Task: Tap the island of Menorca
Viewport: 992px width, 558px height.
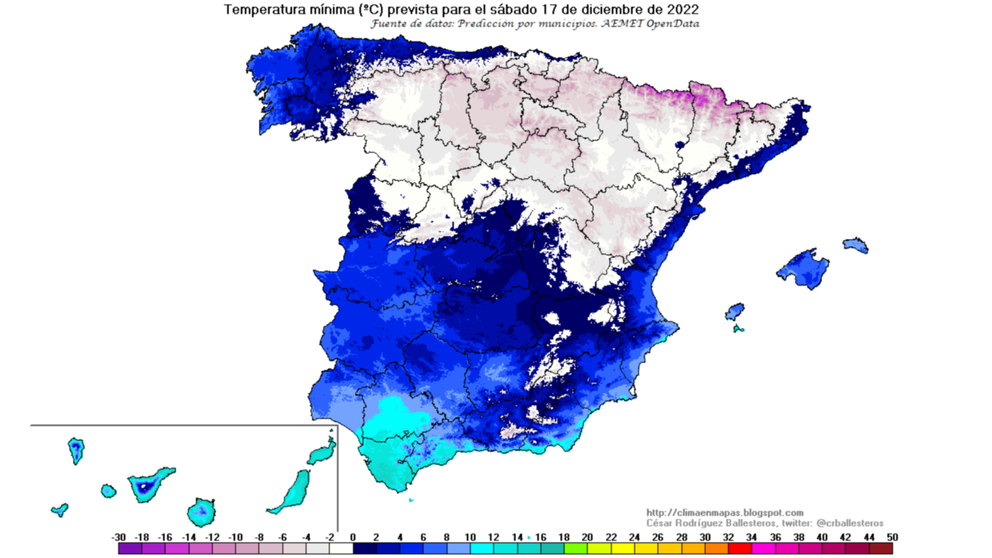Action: click(x=856, y=245)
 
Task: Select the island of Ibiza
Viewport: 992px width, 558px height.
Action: click(x=734, y=311)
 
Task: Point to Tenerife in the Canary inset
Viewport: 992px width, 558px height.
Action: click(x=150, y=484)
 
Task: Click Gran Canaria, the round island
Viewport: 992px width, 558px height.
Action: click(x=202, y=510)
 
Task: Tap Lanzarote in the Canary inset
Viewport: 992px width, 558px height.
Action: click(x=322, y=454)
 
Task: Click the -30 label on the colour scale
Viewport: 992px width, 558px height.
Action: click(x=119, y=537)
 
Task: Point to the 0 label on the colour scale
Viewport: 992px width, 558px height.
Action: click(x=353, y=537)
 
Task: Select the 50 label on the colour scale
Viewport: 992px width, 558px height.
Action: click(x=892, y=537)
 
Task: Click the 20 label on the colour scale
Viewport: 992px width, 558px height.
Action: click(x=587, y=537)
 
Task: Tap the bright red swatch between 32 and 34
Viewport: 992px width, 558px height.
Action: click(x=740, y=549)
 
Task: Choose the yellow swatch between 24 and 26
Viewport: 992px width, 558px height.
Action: click(x=646, y=549)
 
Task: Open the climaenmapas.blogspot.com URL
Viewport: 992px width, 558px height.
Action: click(x=724, y=512)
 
